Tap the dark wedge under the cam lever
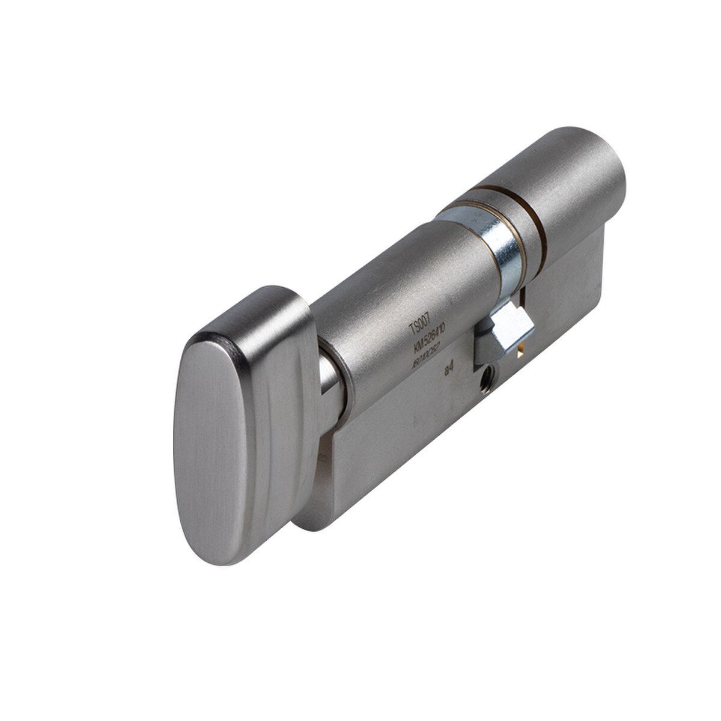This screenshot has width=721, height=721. pyautogui.click(x=490, y=351)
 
